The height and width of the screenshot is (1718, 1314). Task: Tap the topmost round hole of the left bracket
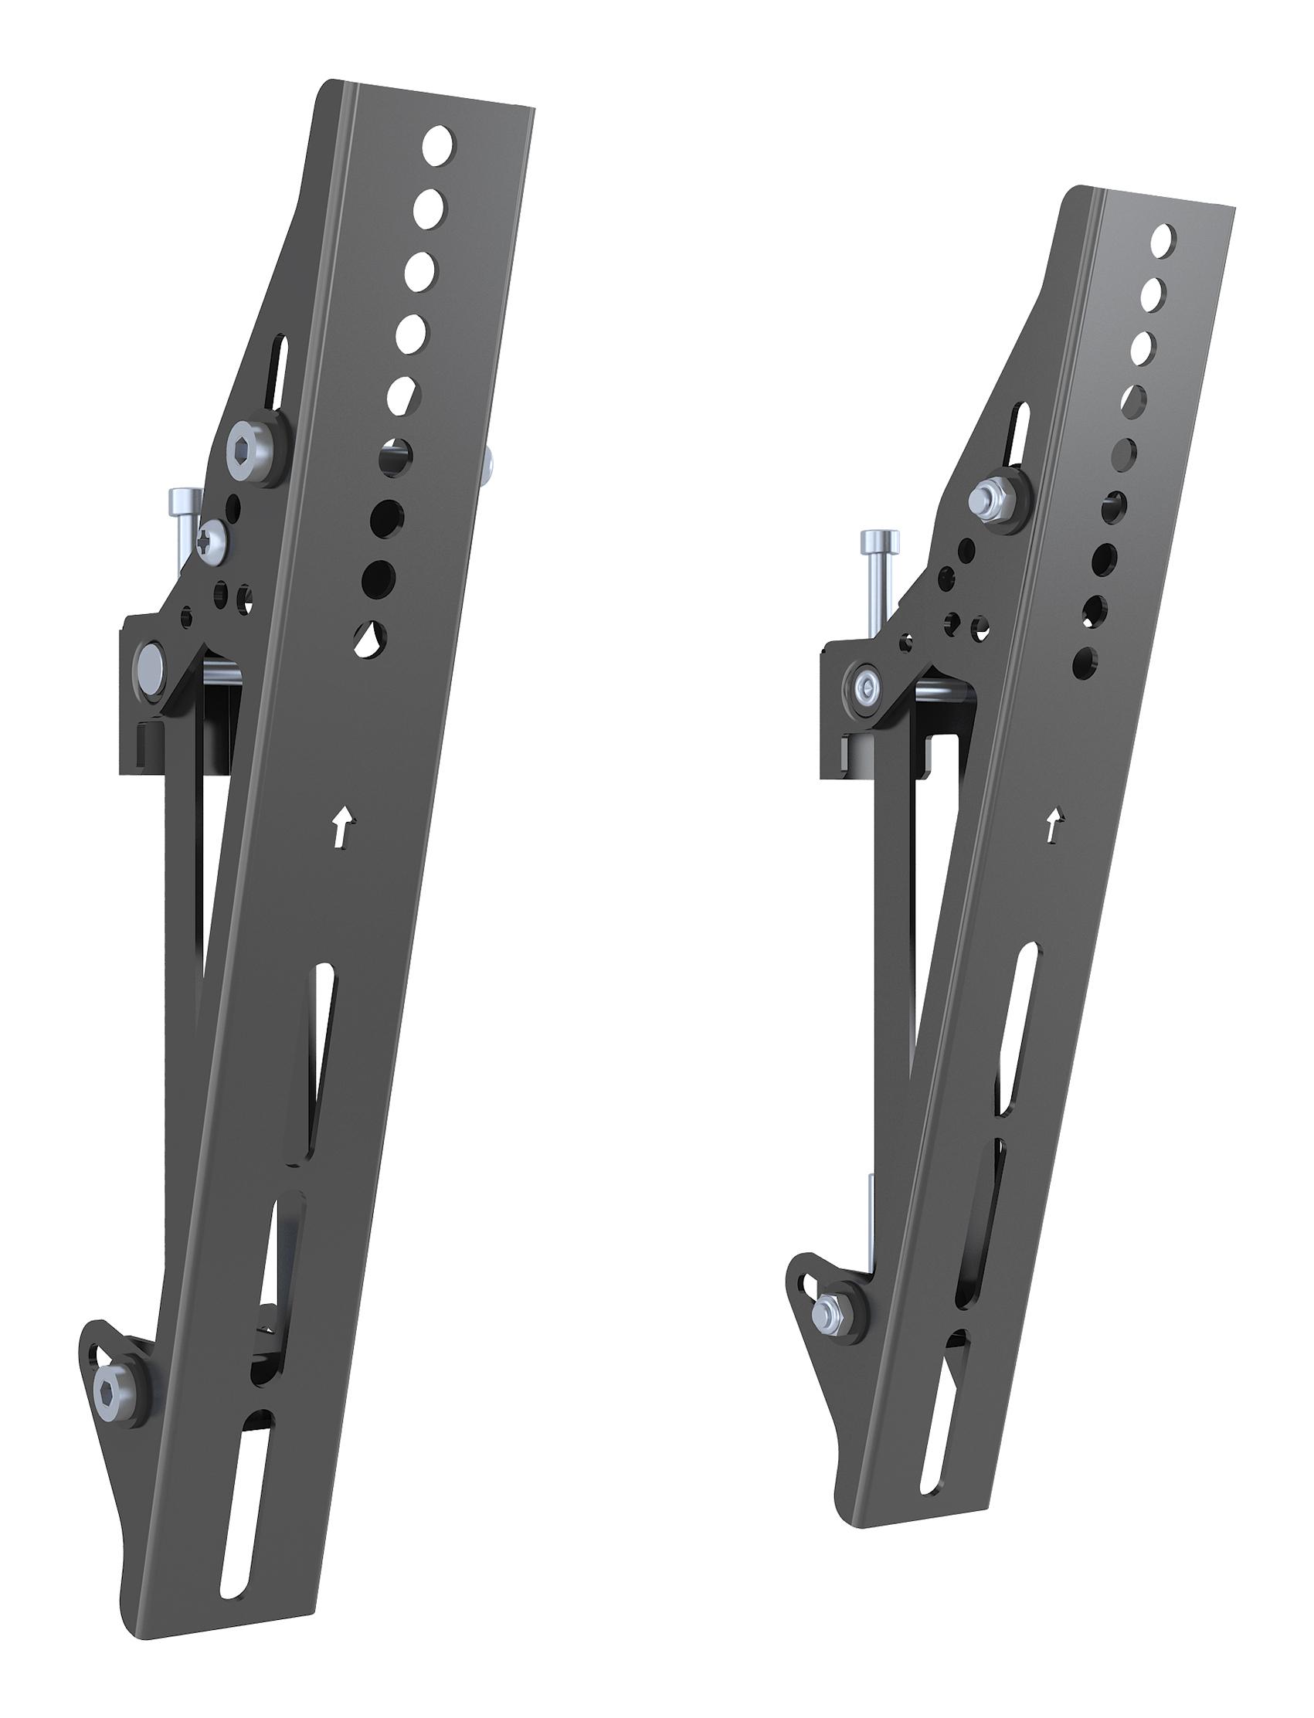[x=437, y=143]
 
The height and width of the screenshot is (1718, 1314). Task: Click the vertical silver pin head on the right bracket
[x=878, y=538]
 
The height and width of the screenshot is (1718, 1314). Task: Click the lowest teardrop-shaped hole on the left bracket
[x=368, y=639]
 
